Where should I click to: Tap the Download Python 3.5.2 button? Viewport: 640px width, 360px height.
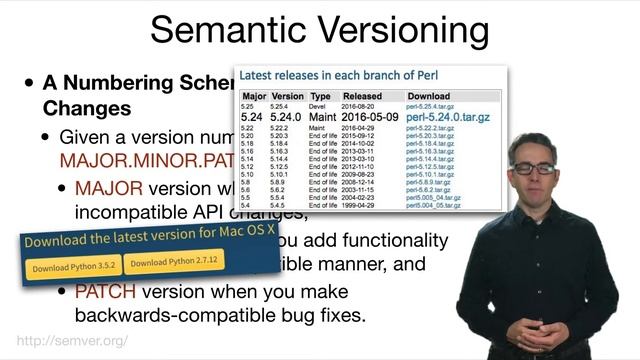(73, 267)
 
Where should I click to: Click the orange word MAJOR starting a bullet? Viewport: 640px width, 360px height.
(109, 188)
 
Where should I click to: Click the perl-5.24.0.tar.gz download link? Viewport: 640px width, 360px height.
(447, 118)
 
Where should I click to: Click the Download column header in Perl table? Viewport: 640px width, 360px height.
(428, 96)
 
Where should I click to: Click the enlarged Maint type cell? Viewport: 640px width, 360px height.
(320, 118)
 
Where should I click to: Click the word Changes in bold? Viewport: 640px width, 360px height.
(86, 107)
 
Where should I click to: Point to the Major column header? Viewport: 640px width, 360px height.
(253, 96)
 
